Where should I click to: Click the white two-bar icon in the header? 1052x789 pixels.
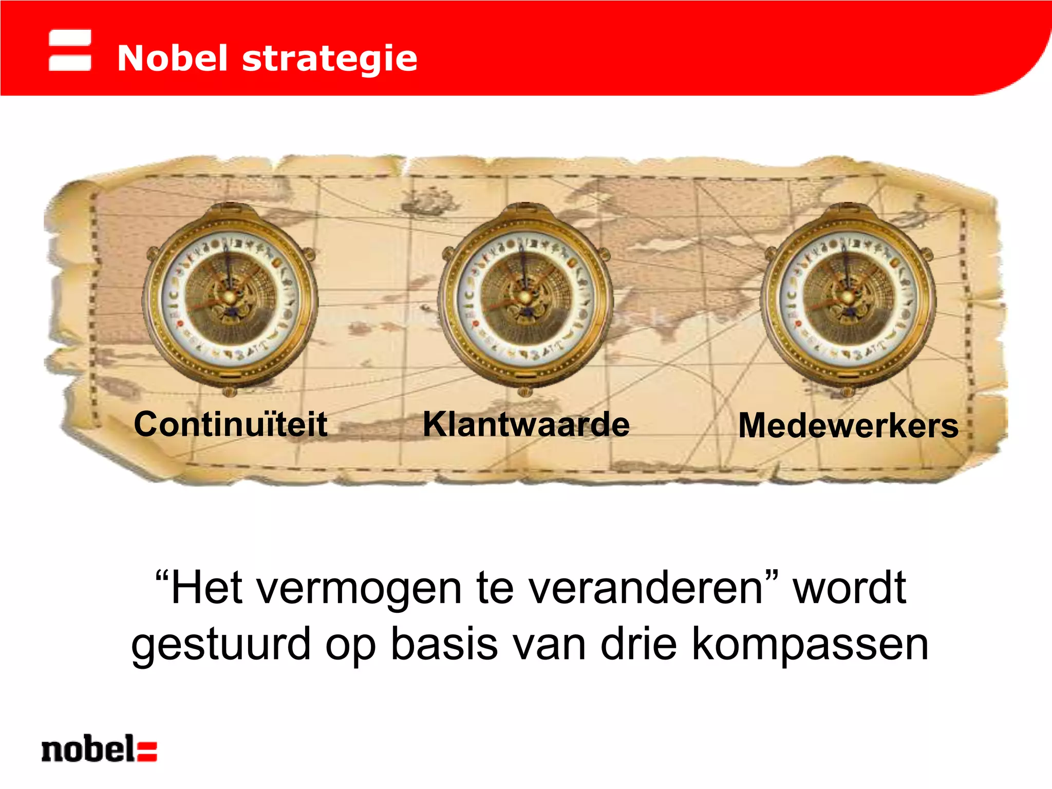70,50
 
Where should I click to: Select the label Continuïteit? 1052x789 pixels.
231,424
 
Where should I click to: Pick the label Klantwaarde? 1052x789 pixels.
526,424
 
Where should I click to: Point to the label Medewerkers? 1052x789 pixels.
848,426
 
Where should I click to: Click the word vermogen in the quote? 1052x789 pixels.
359,589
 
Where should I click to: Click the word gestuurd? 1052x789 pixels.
221,644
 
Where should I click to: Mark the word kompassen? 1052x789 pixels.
810,644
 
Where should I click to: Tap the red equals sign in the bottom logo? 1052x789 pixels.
147,750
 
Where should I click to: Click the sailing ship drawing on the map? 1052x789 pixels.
429,200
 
